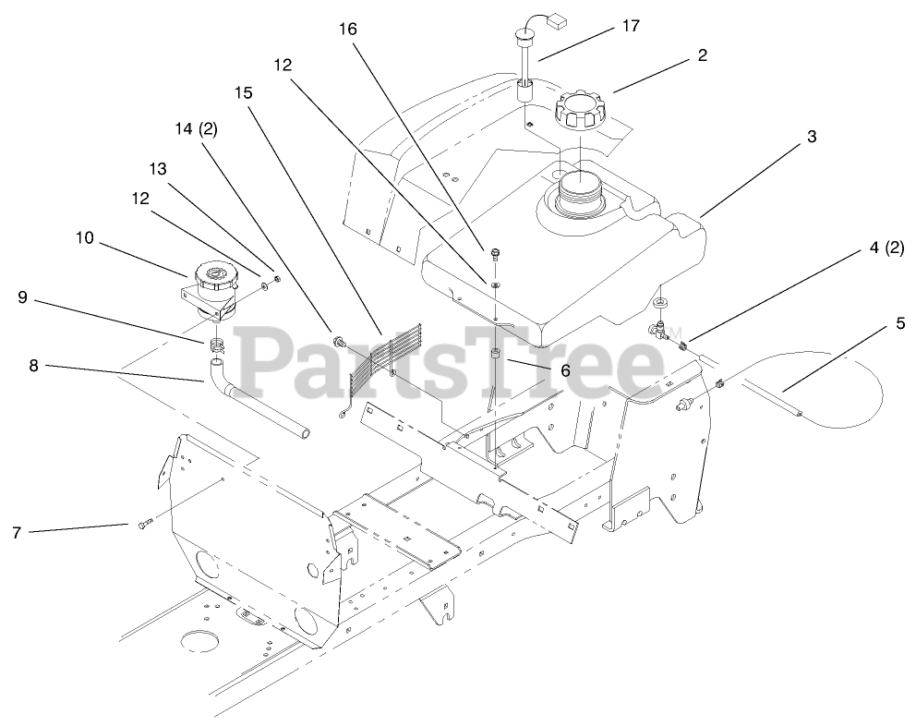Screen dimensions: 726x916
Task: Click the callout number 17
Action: (631, 26)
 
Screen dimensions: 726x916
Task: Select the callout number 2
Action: (702, 55)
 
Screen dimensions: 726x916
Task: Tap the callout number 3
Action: (811, 137)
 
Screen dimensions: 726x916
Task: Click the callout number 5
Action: (900, 324)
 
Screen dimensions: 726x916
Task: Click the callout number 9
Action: (23, 297)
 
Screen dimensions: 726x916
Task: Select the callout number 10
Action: (85, 238)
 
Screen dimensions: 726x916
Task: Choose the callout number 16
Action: (347, 29)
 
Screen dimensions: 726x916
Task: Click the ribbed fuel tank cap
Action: (583, 115)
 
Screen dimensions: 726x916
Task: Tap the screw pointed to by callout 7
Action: (143, 525)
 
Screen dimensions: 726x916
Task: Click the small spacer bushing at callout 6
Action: (495, 357)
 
